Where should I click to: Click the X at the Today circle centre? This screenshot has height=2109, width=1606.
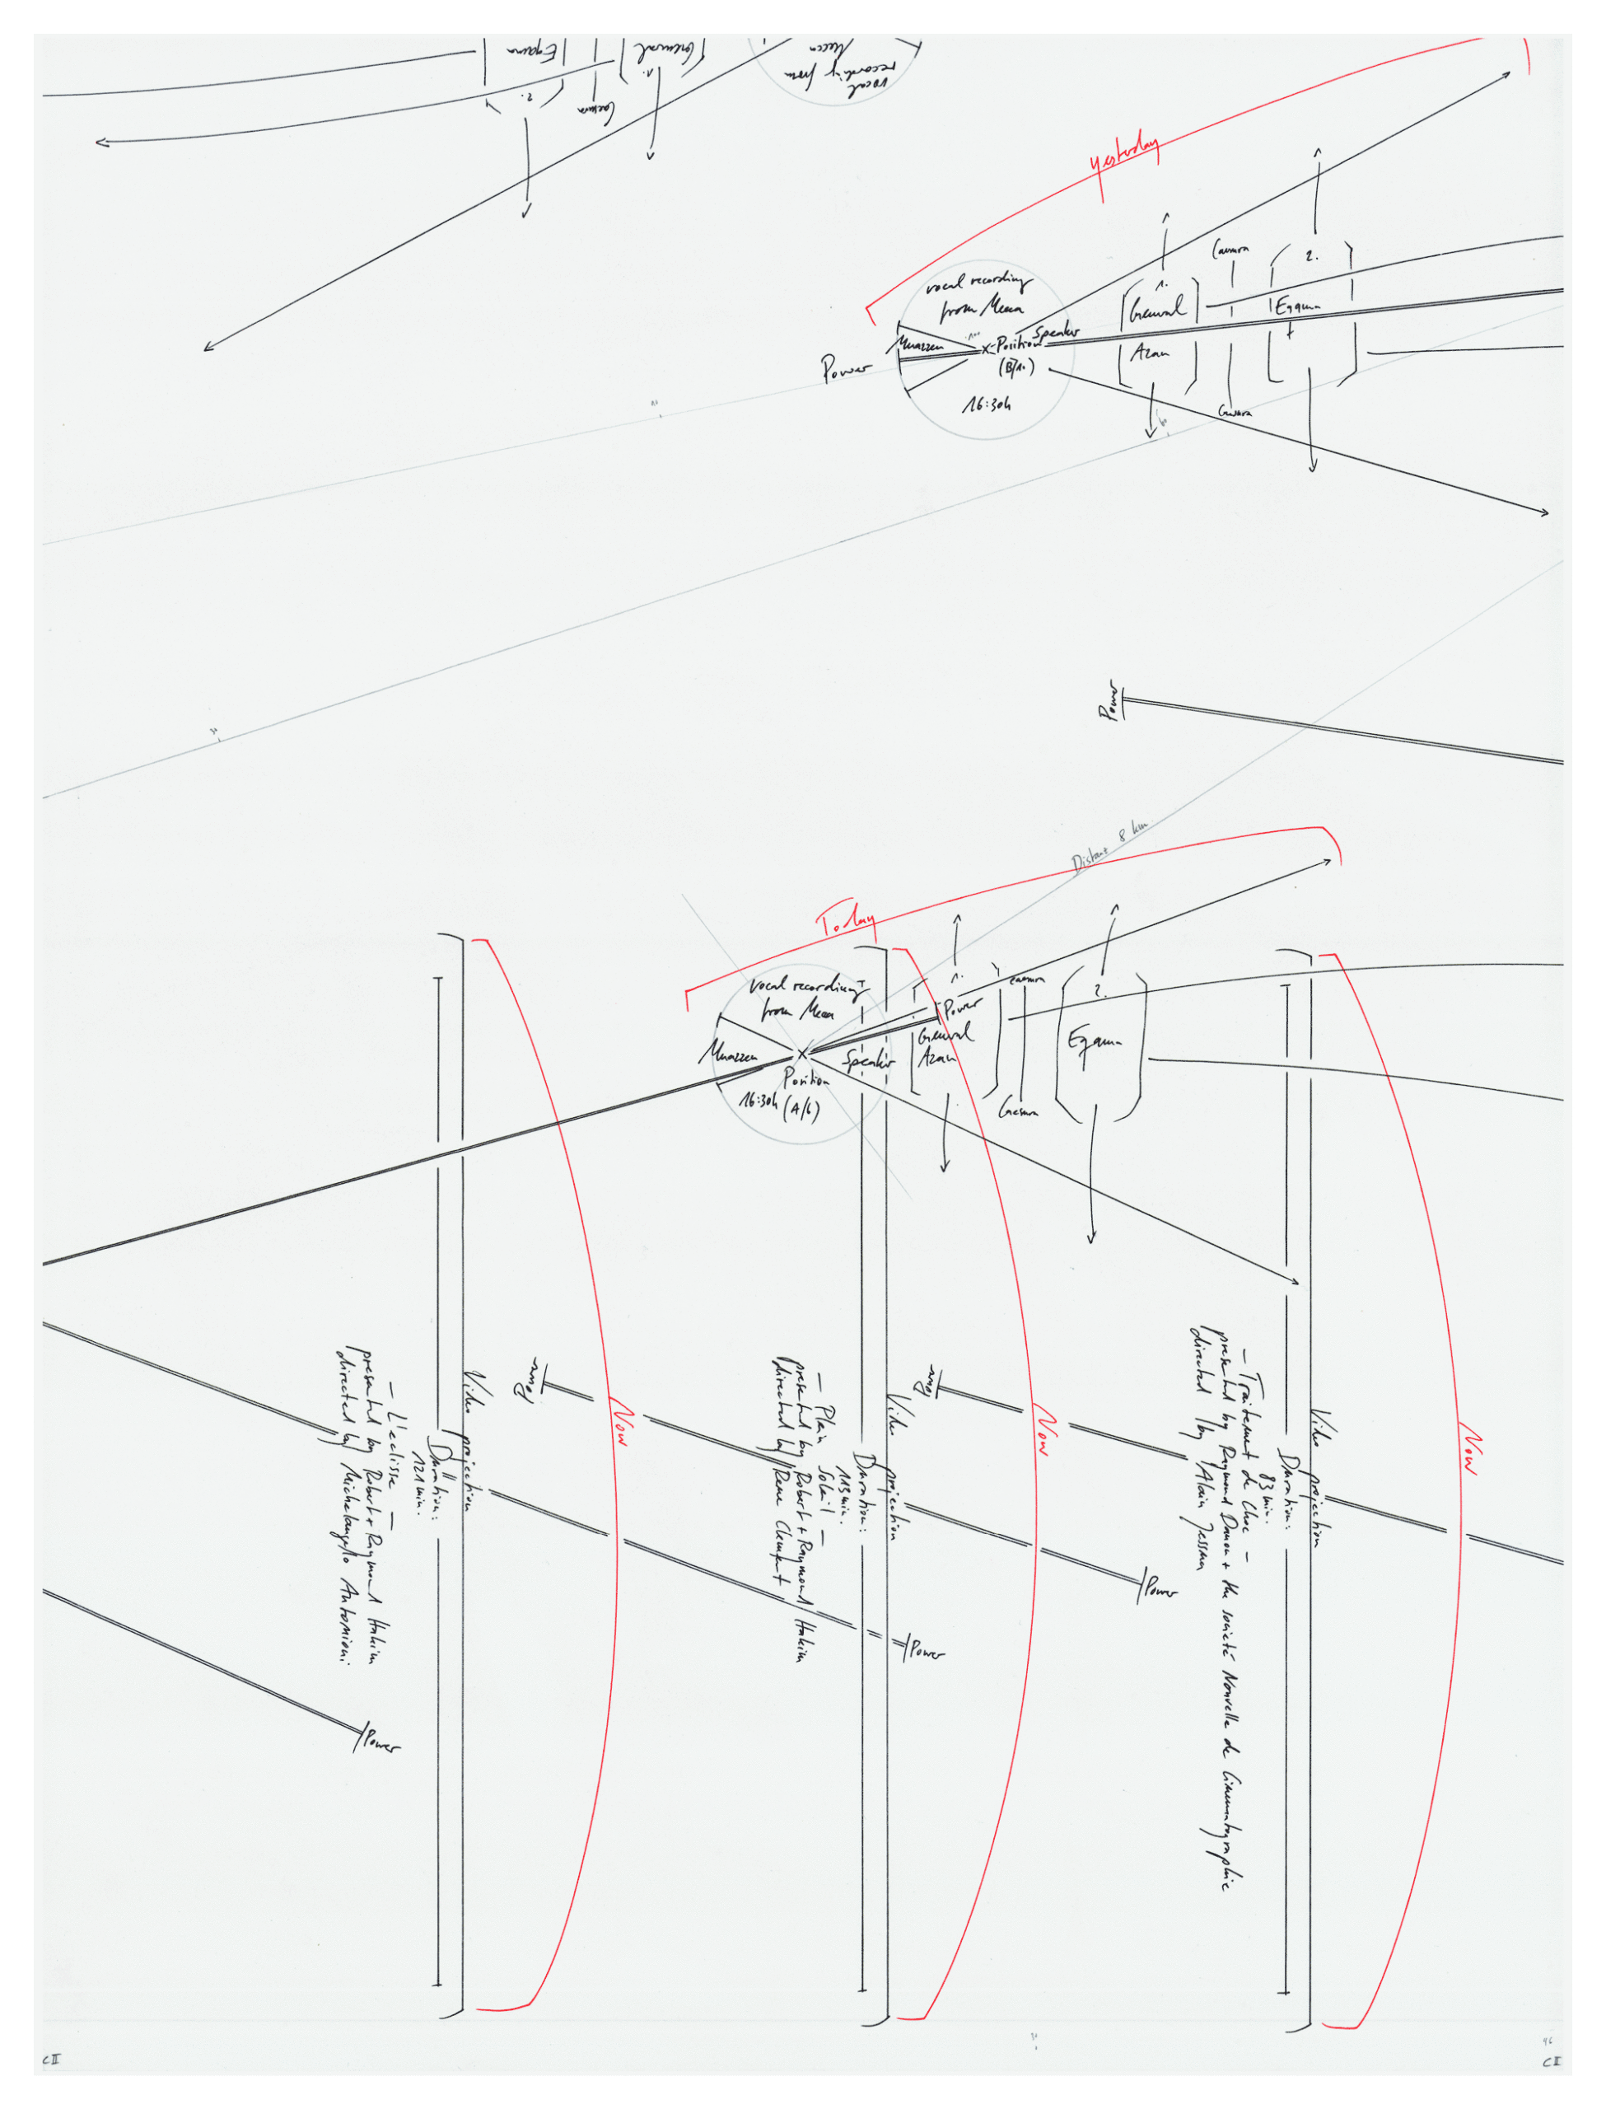click(x=803, y=1054)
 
